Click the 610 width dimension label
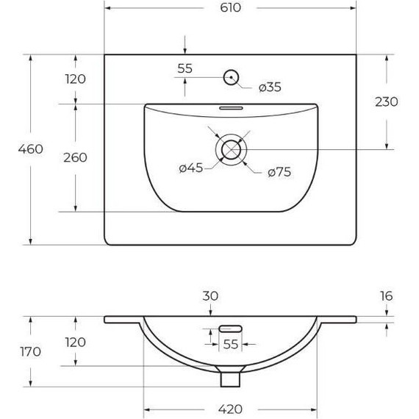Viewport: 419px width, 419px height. coord(230,8)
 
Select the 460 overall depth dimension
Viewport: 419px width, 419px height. coord(31,149)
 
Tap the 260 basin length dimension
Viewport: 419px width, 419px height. coord(76,157)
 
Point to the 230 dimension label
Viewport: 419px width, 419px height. coord(387,102)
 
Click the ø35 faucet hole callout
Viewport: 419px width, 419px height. coord(270,87)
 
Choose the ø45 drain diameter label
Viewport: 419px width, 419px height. coord(191,168)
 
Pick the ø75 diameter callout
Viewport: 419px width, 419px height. coord(279,172)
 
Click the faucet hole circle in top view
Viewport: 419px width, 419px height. coord(231,77)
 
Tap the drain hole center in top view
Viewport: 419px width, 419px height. coord(231,150)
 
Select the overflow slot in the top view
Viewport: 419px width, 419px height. coord(231,108)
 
